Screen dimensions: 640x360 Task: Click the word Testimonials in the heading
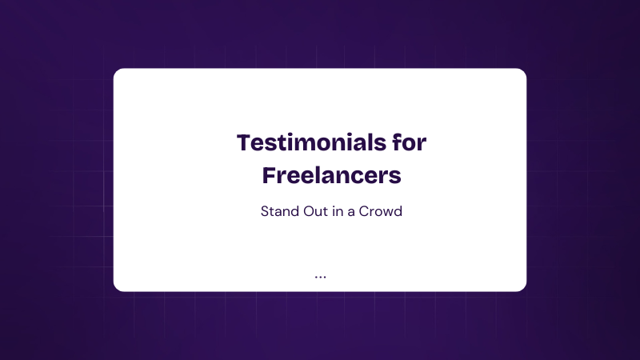point(311,142)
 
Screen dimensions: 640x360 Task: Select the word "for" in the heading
point(410,142)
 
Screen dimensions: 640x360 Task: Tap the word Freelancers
point(332,175)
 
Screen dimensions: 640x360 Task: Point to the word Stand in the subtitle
point(280,211)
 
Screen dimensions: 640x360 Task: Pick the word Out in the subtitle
point(316,211)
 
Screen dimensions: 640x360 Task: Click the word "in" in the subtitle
point(338,211)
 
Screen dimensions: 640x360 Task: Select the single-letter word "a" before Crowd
point(351,213)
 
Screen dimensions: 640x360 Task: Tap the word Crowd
point(381,211)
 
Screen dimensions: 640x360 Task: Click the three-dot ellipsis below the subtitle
point(321,277)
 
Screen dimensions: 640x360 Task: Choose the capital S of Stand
point(265,211)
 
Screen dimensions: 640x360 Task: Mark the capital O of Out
point(309,211)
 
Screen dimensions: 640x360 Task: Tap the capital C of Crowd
point(364,211)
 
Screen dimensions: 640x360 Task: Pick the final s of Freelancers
point(395,178)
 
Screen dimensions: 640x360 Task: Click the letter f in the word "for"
point(396,142)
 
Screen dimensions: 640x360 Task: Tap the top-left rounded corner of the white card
point(116,71)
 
